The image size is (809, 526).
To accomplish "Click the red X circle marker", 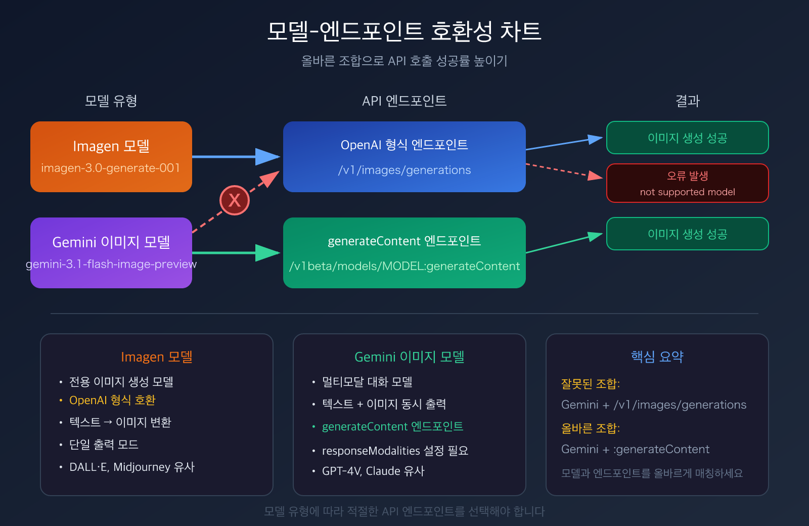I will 234,200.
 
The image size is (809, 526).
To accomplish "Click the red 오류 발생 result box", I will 688,183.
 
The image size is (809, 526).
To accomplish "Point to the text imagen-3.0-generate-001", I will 111,168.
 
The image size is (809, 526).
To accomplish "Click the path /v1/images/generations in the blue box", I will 404,170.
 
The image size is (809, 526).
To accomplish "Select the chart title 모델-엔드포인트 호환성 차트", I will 404,31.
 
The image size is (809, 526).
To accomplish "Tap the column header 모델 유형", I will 111,101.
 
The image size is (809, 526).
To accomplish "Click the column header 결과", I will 688,101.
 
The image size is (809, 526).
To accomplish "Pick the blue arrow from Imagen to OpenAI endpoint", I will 235,157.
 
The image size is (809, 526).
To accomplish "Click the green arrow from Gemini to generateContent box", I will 235,253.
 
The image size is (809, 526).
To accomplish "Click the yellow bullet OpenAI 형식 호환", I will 112,400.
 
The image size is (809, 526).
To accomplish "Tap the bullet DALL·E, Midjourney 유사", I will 131,467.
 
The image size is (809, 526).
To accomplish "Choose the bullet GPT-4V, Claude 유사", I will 373,471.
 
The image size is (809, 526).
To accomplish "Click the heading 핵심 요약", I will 657,357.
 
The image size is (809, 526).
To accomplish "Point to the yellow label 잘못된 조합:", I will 591,383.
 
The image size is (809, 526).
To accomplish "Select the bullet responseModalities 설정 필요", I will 395,450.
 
